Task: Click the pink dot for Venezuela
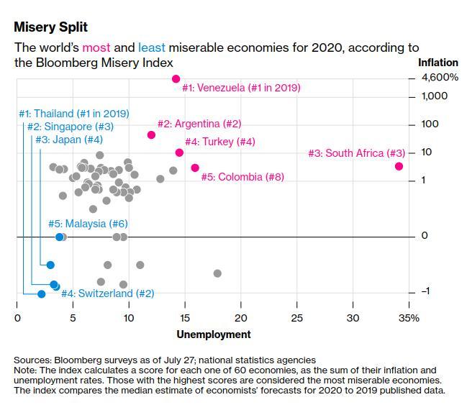[176, 79]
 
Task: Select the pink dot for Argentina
[151, 135]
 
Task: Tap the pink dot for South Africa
[399, 166]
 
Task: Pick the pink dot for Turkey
[179, 153]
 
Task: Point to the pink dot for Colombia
[195, 168]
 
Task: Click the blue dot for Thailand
[42, 294]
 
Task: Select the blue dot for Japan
[50, 265]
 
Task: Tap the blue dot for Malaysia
[60, 237]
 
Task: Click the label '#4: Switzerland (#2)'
[108, 293]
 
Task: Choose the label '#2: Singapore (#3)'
[71, 127]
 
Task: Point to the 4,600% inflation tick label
[440, 78]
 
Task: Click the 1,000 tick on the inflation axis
[412, 97]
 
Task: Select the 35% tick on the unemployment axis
[409, 304]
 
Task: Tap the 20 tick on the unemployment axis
[241, 304]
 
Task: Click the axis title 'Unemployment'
[214, 335]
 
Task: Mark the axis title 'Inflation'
[438, 63]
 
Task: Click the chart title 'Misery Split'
[50, 27]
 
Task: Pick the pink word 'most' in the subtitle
[96, 47]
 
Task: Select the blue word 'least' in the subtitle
[152, 47]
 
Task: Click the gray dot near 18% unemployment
[217, 273]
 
